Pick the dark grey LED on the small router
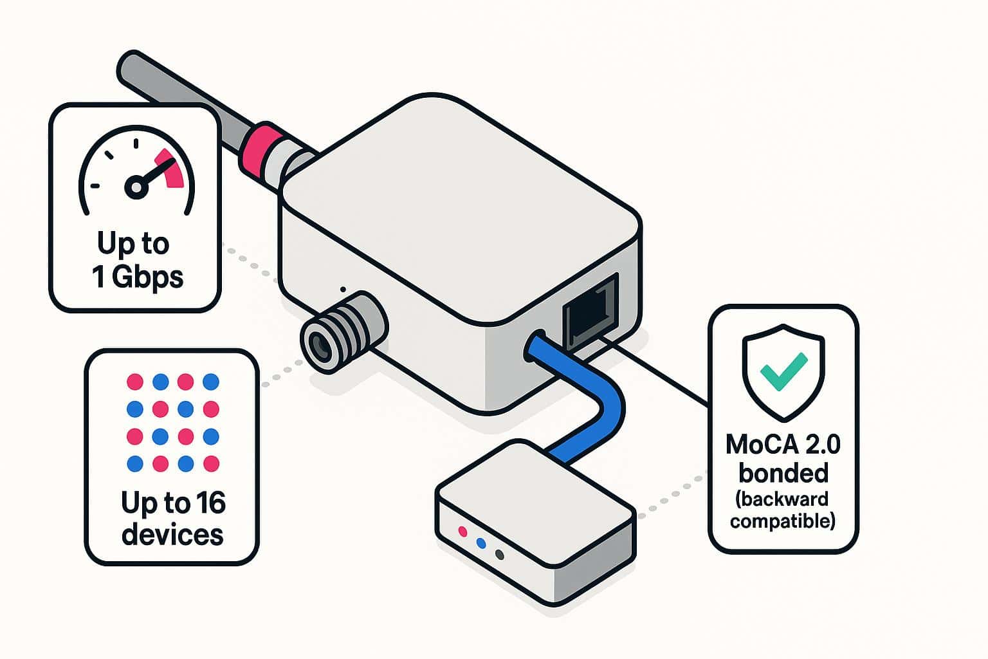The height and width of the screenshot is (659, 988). [499, 555]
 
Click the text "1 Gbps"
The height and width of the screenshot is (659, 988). [137, 277]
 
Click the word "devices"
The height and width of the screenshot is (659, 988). [172, 534]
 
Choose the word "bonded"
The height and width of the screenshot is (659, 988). [783, 473]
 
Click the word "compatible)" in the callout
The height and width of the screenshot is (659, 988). [783, 520]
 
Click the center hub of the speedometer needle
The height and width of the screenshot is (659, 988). [136, 187]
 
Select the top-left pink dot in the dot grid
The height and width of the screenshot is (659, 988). [134, 382]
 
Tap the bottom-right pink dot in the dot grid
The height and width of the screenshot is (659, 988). [211, 463]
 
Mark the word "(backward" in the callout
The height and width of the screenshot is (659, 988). [783, 499]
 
